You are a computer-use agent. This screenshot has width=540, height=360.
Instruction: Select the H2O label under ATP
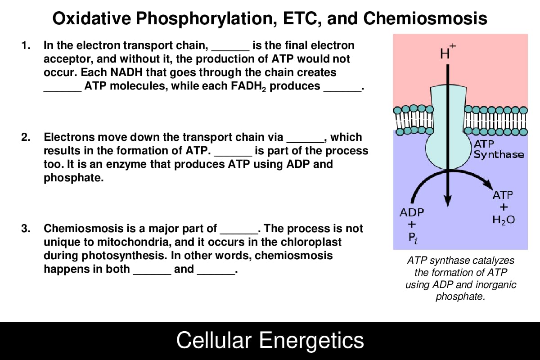click(504, 220)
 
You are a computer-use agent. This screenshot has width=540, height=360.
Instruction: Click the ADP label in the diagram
click(412, 212)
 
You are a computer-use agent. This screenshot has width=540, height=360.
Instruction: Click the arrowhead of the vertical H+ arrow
click(448, 201)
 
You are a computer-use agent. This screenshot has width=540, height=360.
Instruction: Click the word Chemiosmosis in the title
click(425, 18)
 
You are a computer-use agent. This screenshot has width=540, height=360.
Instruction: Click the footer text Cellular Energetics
click(270, 340)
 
